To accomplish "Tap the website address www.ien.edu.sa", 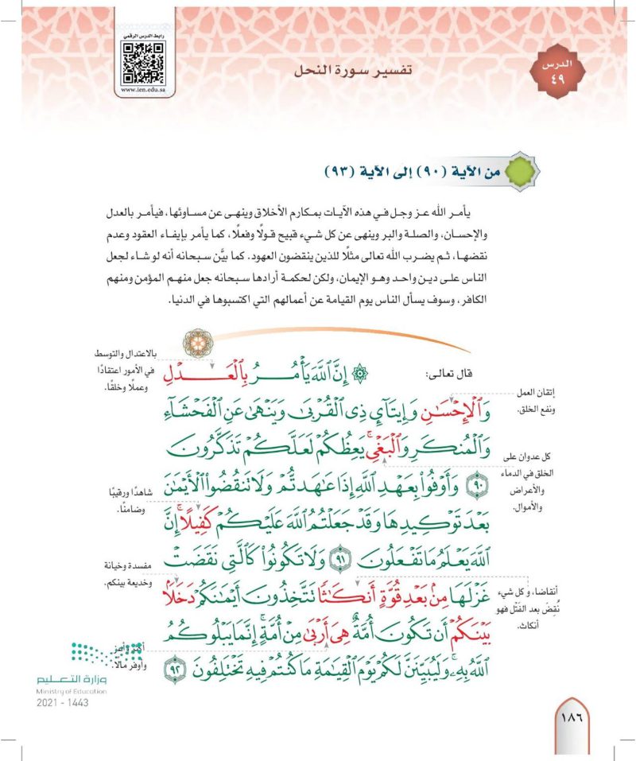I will pyautogui.click(x=142, y=90).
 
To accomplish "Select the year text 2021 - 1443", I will pyautogui.click(x=61, y=704).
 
